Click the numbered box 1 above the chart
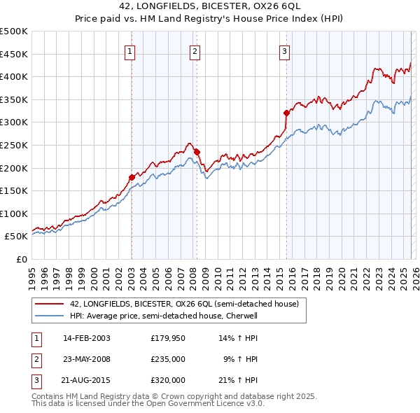pyautogui.click(x=131, y=50)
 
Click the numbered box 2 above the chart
pyautogui.click(x=195, y=50)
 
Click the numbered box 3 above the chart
pyautogui.click(x=285, y=50)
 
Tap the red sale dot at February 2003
pyautogui.click(x=132, y=177)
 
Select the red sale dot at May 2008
pyautogui.click(x=197, y=151)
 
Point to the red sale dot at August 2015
pyautogui.click(x=286, y=113)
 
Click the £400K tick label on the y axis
pyautogui.click(x=14, y=76)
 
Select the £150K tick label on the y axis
pyautogui.click(x=14, y=190)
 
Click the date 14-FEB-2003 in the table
pyautogui.click(x=86, y=338)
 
